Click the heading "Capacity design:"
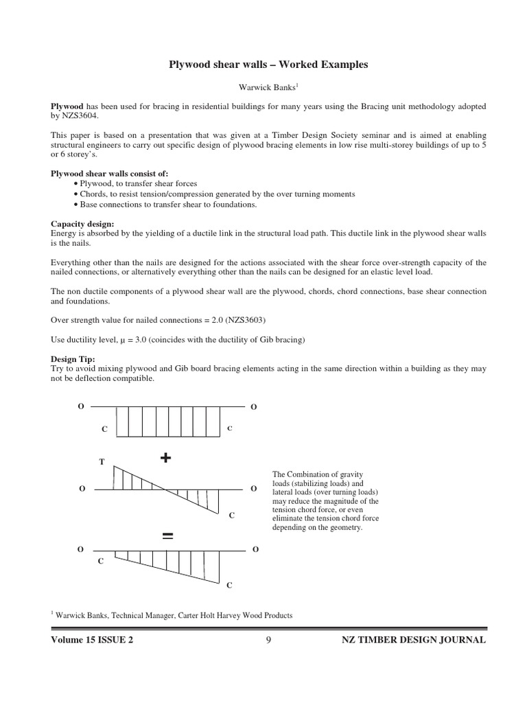point(83,224)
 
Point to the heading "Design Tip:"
point(73,359)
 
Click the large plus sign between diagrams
point(165,459)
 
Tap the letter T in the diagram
point(102,462)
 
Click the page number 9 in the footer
point(268,640)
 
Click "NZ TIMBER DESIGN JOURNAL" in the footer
point(414,640)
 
